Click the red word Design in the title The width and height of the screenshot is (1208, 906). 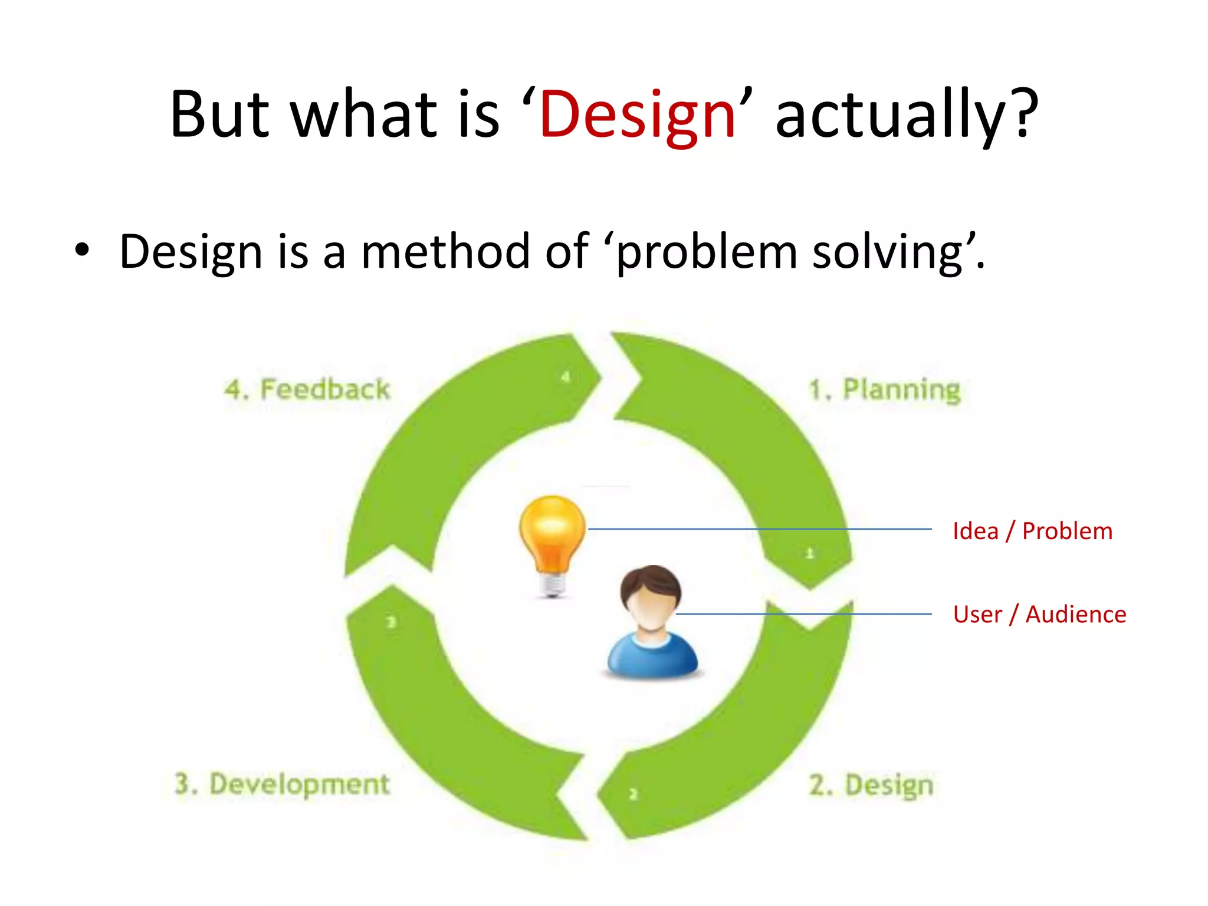pyautogui.click(x=637, y=115)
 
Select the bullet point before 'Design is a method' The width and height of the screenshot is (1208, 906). pyautogui.click(x=82, y=251)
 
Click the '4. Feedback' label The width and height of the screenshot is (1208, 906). pyautogui.click(x=307, y=390)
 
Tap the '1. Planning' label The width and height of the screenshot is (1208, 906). pyautogui.click(x=884, y=390)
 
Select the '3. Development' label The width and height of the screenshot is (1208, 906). pyautogui.click(x=282, y=784)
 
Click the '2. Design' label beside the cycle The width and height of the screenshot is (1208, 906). pyautogui.click(x=871, y=785)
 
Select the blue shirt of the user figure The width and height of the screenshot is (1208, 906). pyautogui.click(x=652, y=658)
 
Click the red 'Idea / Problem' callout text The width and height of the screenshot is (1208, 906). pyautogui.click(x=1032, y=531)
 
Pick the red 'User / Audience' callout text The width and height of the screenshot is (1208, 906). pyautogui.click(x=1039, y=614)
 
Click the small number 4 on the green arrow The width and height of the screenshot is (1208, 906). pyautogui.click(x=566, y=376)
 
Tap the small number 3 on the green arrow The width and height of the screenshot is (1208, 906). pyautogui.click(x=391, y=622)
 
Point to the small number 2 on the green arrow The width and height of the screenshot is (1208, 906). pyautogui.click(x=633, y=794)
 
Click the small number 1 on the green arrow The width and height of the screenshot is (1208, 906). pyautogui.click(x=810, y=553)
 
